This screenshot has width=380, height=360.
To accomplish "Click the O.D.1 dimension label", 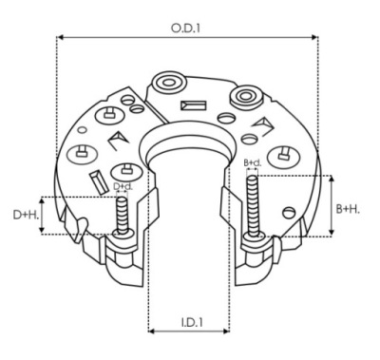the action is [186, 28].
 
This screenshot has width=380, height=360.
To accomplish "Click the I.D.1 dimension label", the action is [192, 323].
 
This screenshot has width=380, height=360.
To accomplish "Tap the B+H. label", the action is [348, 209].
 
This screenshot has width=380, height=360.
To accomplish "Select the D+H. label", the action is [26, 215].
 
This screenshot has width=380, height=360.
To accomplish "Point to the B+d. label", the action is [253, 163].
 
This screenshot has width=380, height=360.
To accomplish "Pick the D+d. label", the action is [123, 186].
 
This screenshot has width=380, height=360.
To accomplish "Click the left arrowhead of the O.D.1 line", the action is [60, 37].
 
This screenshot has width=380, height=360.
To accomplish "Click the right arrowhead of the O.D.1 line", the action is [314, 37].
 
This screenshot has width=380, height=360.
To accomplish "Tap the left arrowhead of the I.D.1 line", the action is [151, 332].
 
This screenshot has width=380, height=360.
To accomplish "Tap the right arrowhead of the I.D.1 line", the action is [226, 332].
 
